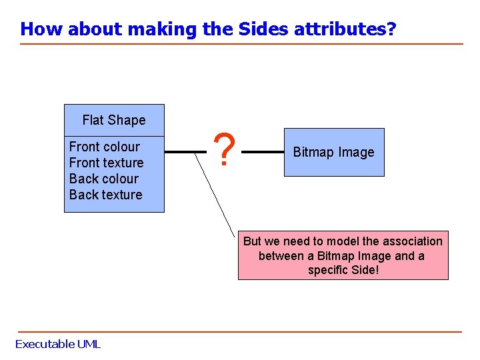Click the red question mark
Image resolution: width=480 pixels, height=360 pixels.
pyautogui.click(x=226, y=151)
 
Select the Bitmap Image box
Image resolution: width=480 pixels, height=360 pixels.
pyautogui.click(x=334, y=152)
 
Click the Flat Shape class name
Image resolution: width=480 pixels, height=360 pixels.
pyautogui.click(x=114, y=120)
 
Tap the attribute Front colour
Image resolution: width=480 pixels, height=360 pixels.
pyautogui.click(x=105, y=147)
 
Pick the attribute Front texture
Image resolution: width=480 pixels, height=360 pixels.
pyautogui.click(x=107, y=163)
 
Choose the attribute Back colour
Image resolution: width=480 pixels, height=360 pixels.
pyautogui.click(x=104, y=179)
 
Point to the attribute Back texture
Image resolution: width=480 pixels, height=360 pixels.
pyautogui.click(x=106, y=195)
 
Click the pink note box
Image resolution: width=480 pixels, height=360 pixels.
pyautogui.click(x=343, y=255)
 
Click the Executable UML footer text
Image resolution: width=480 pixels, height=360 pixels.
pyautogui.click(x=58, y=344)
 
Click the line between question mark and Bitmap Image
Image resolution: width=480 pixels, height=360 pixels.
pyautogui.click(x=262, y=152)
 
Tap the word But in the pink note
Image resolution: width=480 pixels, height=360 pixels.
pyautogui.click(x=252, y=241)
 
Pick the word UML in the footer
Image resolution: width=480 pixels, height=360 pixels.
pyautogui.click(x=88, y=344)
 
